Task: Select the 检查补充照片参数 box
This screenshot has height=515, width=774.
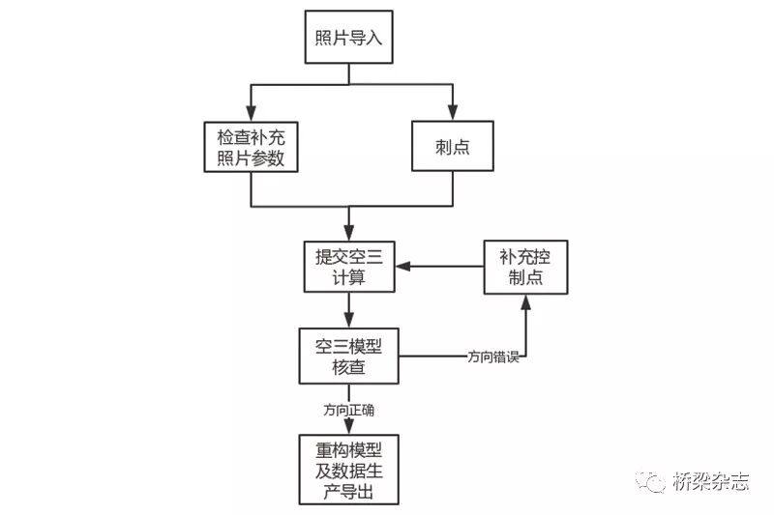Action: coord(251,148)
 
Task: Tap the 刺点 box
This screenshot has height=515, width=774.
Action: coord(452,148)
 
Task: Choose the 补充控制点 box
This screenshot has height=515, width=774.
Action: coord(525,265)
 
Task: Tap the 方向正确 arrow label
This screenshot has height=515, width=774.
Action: coord(349,410)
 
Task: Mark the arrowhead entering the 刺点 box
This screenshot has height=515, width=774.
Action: coord(452,114)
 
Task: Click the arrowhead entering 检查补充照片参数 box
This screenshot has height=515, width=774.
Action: coord(251,114)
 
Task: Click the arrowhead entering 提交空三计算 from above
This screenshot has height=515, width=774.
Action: coord(348,232)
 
